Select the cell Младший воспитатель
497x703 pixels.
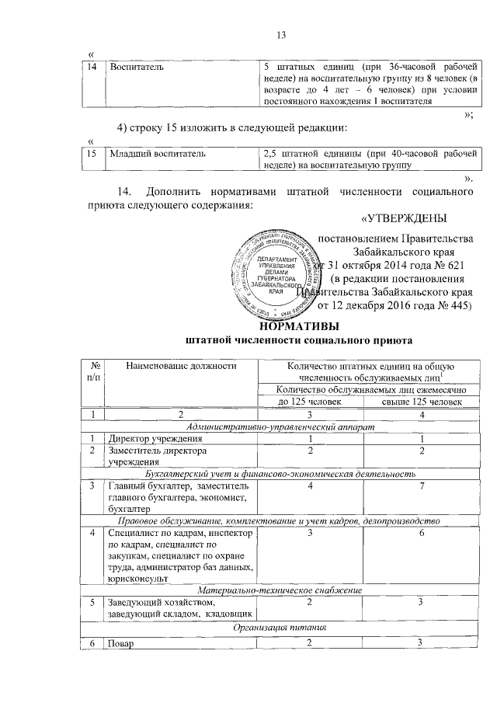[158, 154]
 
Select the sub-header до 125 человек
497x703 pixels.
[309, 401]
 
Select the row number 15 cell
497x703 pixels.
[94, 154]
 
